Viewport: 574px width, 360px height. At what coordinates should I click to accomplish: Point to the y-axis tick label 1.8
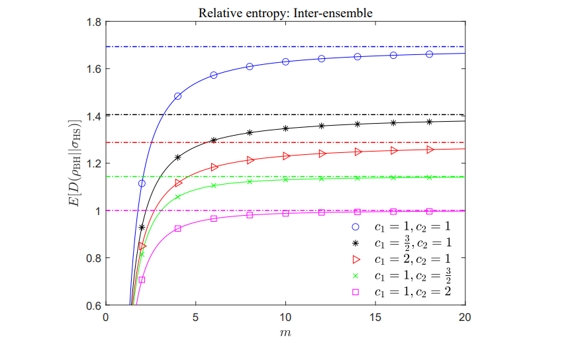point(93,22)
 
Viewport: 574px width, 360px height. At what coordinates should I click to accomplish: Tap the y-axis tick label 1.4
point(93,116)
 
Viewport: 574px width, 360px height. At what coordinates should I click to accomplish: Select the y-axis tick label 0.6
point(93,306)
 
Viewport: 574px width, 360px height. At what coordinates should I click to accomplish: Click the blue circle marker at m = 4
point(177,97)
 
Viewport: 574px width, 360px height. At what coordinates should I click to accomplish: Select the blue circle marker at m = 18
point(429,54)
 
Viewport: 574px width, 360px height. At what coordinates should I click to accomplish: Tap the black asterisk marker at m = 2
point(142,227)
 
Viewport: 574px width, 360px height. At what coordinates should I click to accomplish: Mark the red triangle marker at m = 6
point(214,167)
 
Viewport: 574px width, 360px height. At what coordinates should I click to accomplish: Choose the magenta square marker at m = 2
point(142,280)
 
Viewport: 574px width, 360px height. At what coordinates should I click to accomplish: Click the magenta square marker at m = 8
point(250,215)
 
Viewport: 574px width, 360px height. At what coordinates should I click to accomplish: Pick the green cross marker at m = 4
point(177,197)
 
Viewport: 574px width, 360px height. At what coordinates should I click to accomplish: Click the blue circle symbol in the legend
point(355,227)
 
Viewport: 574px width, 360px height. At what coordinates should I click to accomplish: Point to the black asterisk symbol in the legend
point(355,243)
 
